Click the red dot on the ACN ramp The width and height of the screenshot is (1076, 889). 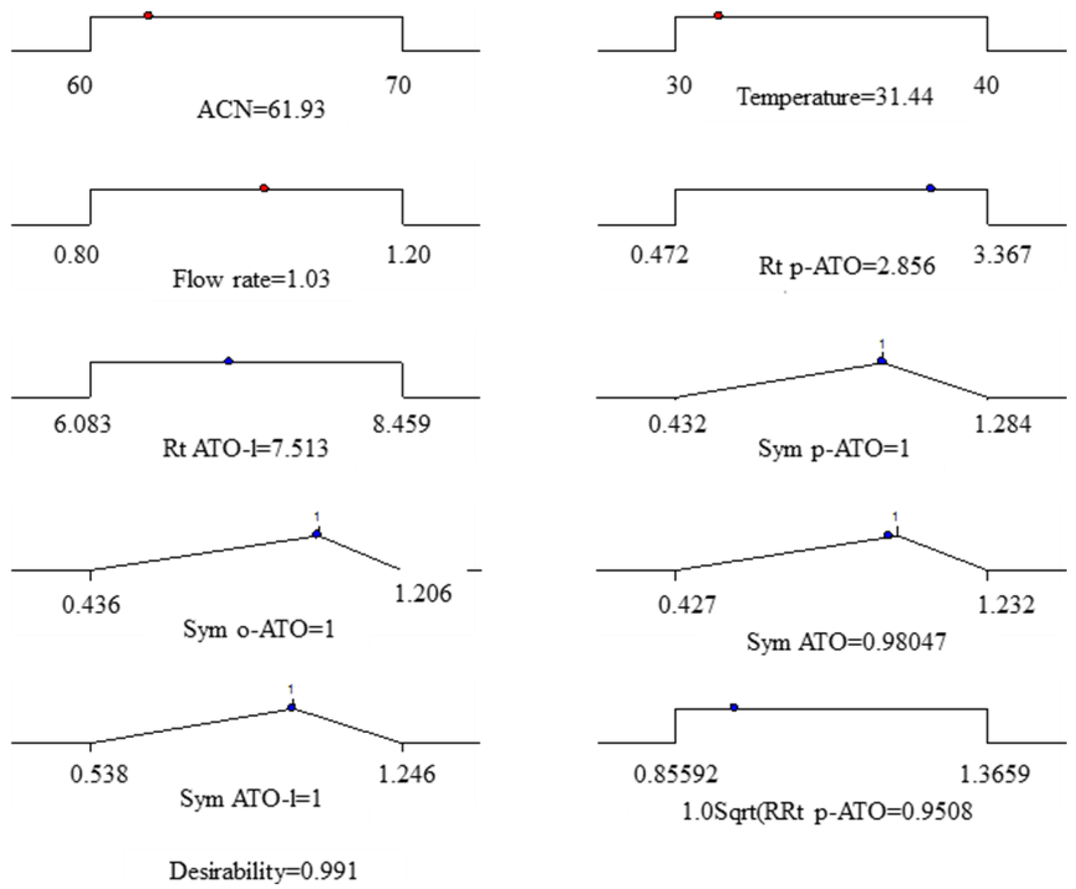(x=148, y=16)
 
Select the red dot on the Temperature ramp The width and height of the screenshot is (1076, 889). (x=718, y=16)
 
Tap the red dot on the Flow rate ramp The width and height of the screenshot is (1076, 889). (x=264, y=188)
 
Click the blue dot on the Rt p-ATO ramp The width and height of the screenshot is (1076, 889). (x=930, y=188)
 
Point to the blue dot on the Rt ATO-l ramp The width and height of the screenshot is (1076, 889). (x=228, y=362)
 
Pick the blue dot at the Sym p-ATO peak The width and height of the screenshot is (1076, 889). (x=881, y=361)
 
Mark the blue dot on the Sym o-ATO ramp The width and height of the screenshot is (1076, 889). (x=316, y=534)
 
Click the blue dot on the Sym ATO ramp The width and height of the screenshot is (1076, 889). (x=888, y=535)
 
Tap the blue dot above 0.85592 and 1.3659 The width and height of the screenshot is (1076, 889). (x=734, y=708)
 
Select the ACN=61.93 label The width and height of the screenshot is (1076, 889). (x=261, y=109)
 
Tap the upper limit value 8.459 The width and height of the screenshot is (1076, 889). (x=401, y=424)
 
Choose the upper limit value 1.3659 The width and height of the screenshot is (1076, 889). (x=994, y=775)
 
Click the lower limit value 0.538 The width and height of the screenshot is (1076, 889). (x=99, y=774)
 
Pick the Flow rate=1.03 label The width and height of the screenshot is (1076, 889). (x=251, y=280)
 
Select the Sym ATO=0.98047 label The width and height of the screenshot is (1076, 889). (x=846, y=642)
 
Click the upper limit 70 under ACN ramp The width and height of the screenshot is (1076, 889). (x=398, y=85)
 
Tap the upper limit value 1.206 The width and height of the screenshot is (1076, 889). (x=423, y=593)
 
